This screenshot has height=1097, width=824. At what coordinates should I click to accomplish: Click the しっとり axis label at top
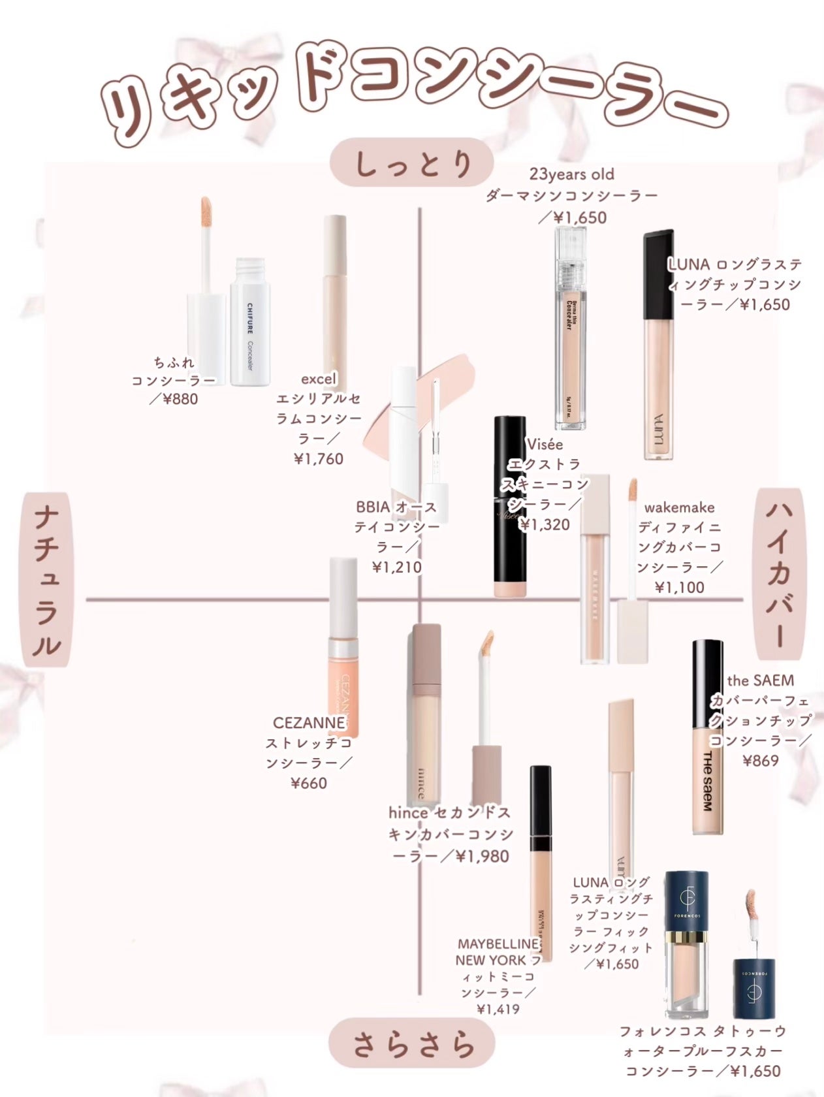[412, 163]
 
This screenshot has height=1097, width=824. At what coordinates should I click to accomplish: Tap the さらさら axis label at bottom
[412, 1044]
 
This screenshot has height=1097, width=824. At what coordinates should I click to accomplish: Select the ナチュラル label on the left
[47, 580]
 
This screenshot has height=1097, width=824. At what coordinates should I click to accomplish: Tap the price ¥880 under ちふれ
[174, 398]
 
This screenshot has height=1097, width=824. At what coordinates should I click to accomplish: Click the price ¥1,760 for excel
[319, 459]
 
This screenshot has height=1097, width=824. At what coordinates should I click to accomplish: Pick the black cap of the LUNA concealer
[658, 274]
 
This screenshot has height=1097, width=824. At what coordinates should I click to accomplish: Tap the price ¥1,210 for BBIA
[397, 567]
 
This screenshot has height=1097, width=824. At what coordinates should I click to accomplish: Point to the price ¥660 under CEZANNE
[309, 782]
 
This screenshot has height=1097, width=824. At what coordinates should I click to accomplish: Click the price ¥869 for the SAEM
[761, 760]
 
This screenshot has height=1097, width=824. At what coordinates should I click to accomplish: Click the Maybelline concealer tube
[541, 862]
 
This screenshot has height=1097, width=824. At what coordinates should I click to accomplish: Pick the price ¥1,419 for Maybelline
[498, 1010]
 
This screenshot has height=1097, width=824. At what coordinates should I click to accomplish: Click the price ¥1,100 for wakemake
[680, 587]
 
